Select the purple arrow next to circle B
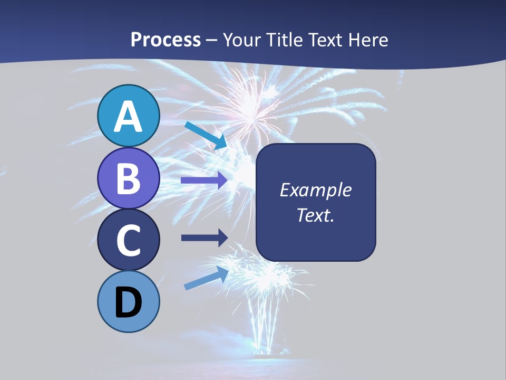pos(203,180)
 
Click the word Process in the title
pos(166,40)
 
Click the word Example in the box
pos(316,190)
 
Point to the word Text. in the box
pos(316,215)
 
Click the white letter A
pos(129,117)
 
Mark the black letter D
pos(129,302)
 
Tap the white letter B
pos(129,178)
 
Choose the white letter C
pos(129,241)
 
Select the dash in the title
pos(212,40)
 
